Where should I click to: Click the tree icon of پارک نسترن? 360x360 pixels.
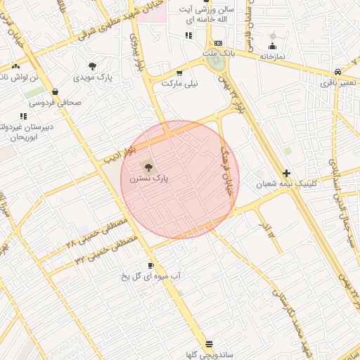148,167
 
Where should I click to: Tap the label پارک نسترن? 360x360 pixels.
149,180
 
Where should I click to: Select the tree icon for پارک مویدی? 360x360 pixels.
92,65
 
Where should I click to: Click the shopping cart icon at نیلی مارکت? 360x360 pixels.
179,72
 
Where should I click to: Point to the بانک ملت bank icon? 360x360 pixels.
217,44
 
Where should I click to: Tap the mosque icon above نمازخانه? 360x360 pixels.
273,35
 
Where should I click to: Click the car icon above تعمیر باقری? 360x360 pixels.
338,72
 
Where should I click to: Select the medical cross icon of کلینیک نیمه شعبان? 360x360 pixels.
286,173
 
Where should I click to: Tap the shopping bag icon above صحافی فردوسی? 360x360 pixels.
55,91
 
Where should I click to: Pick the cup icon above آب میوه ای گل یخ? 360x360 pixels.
151,265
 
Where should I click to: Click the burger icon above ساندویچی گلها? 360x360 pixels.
209,343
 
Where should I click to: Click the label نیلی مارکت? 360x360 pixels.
180,83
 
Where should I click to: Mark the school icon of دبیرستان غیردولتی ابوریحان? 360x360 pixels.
23,115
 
